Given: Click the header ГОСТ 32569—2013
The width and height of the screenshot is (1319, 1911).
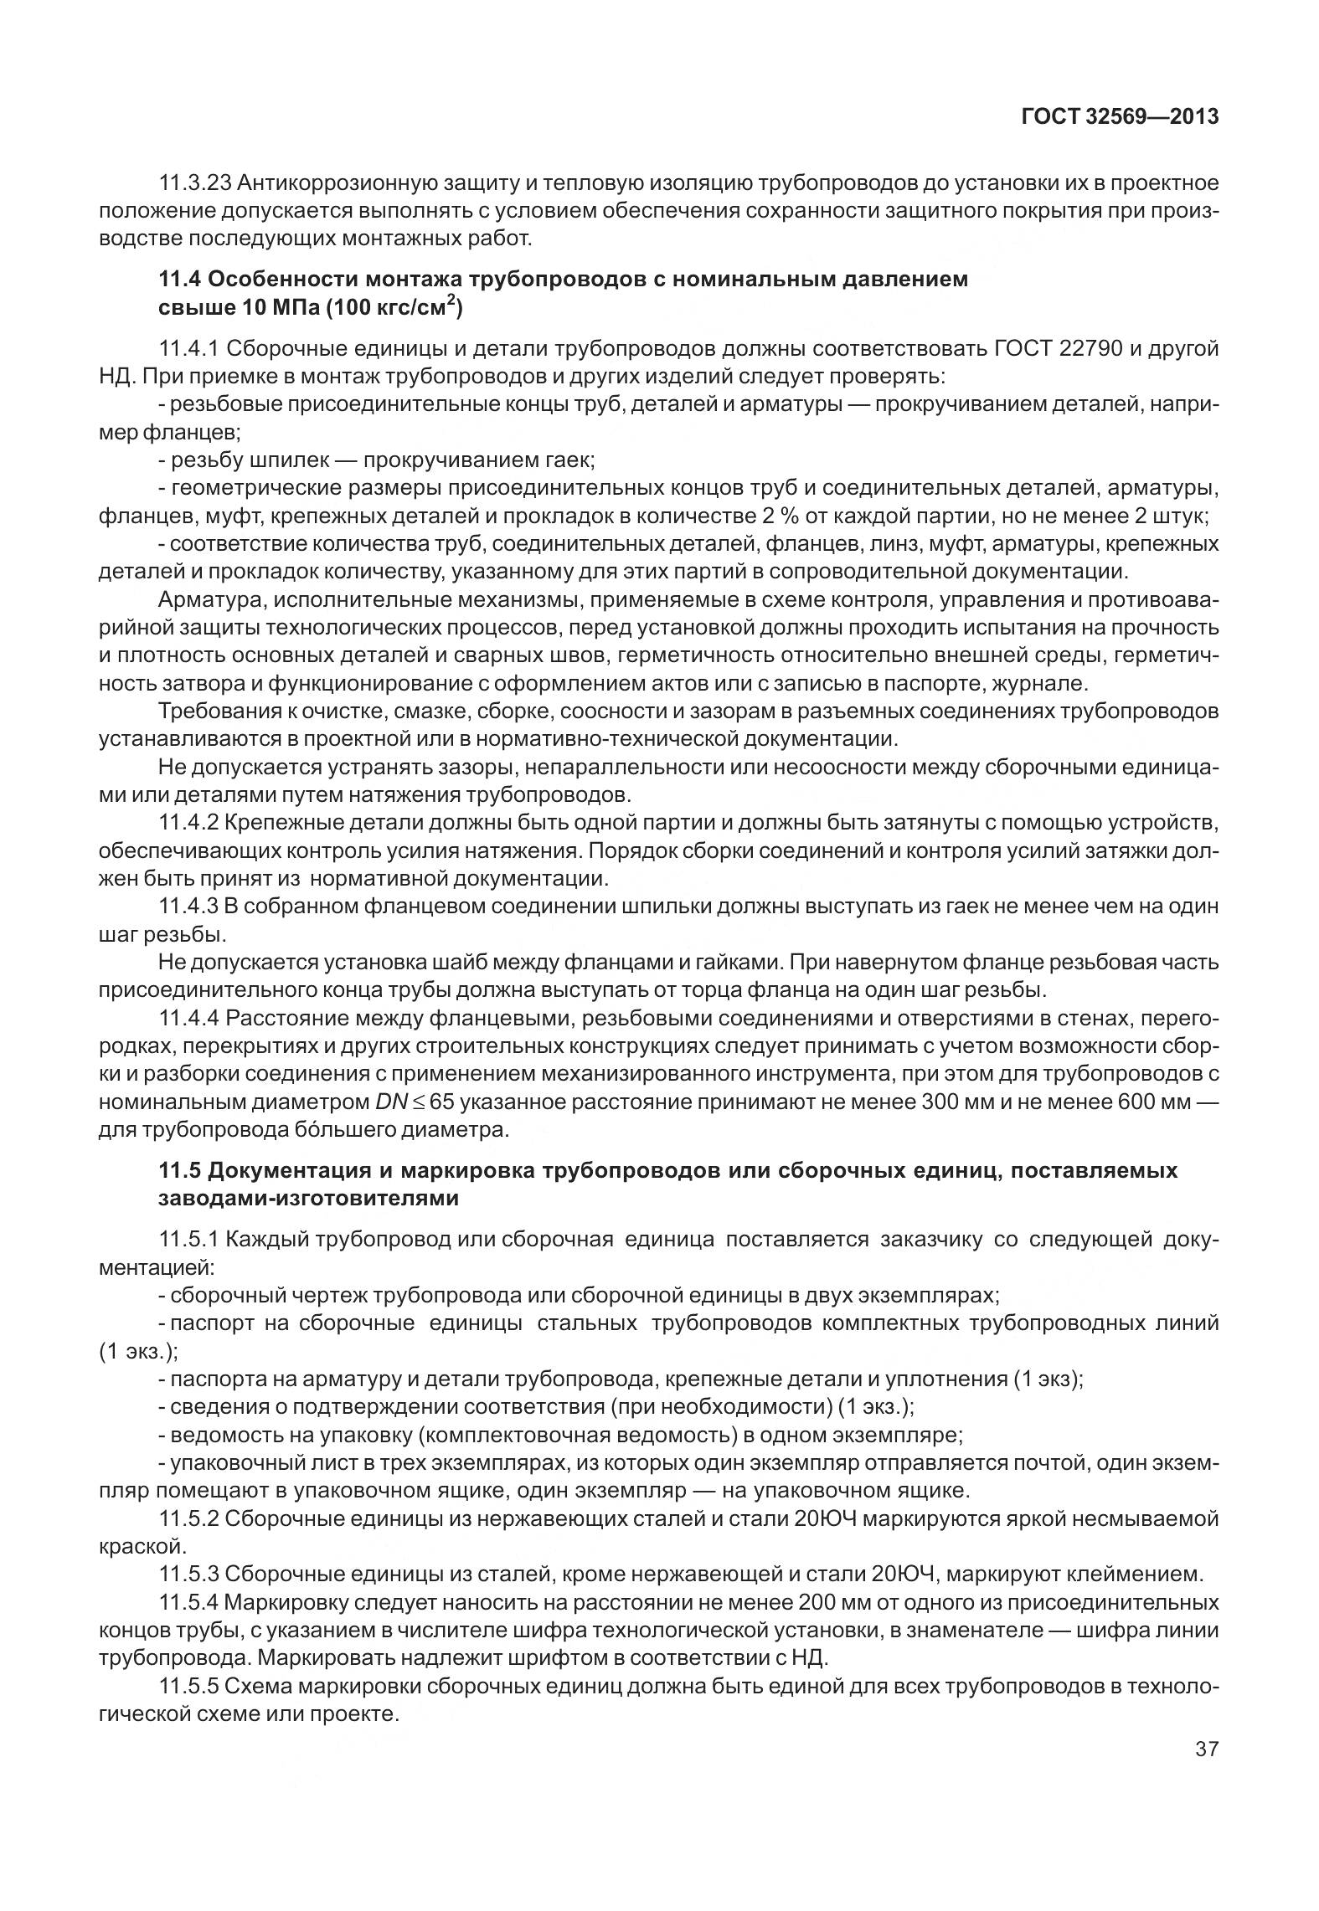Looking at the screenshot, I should point(1120,116).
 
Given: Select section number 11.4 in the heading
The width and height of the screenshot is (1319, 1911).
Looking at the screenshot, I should point(177,279).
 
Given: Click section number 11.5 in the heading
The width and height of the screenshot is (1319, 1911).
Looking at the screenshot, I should point(177,1170).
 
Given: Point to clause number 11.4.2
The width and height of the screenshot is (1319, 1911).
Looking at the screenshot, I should point(188,823).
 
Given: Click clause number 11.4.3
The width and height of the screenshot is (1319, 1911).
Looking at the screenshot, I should point(188,907).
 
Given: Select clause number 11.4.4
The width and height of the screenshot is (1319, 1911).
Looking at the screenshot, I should point(188,1018).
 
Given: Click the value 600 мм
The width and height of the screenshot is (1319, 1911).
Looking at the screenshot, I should point(1154,1102).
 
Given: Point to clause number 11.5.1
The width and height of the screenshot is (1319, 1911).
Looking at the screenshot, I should point(188,1240).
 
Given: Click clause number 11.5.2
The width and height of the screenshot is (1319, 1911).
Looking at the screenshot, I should point(188,1518).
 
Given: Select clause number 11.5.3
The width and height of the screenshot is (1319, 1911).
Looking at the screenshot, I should point(188,1575).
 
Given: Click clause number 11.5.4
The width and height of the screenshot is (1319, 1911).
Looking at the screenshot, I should point(188,1603).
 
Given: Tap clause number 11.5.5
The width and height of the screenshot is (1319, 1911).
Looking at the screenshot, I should point(188,1686).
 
